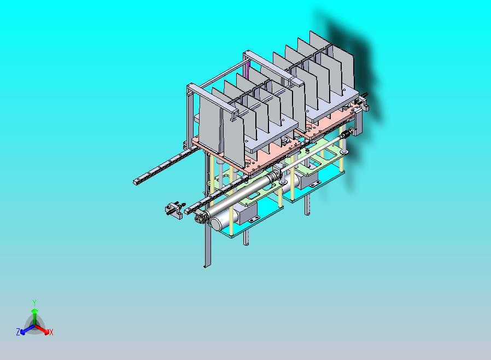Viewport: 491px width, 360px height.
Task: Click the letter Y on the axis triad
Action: (34, 303)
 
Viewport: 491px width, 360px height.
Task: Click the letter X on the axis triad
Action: (51, 332)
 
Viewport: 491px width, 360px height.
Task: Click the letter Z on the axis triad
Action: (18, 332)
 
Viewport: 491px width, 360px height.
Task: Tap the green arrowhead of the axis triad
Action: (34, 310)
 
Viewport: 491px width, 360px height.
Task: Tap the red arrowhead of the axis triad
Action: (46, 332)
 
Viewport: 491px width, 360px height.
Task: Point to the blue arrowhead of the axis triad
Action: (23, 331)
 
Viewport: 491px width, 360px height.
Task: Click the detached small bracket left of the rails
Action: (174, 210)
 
